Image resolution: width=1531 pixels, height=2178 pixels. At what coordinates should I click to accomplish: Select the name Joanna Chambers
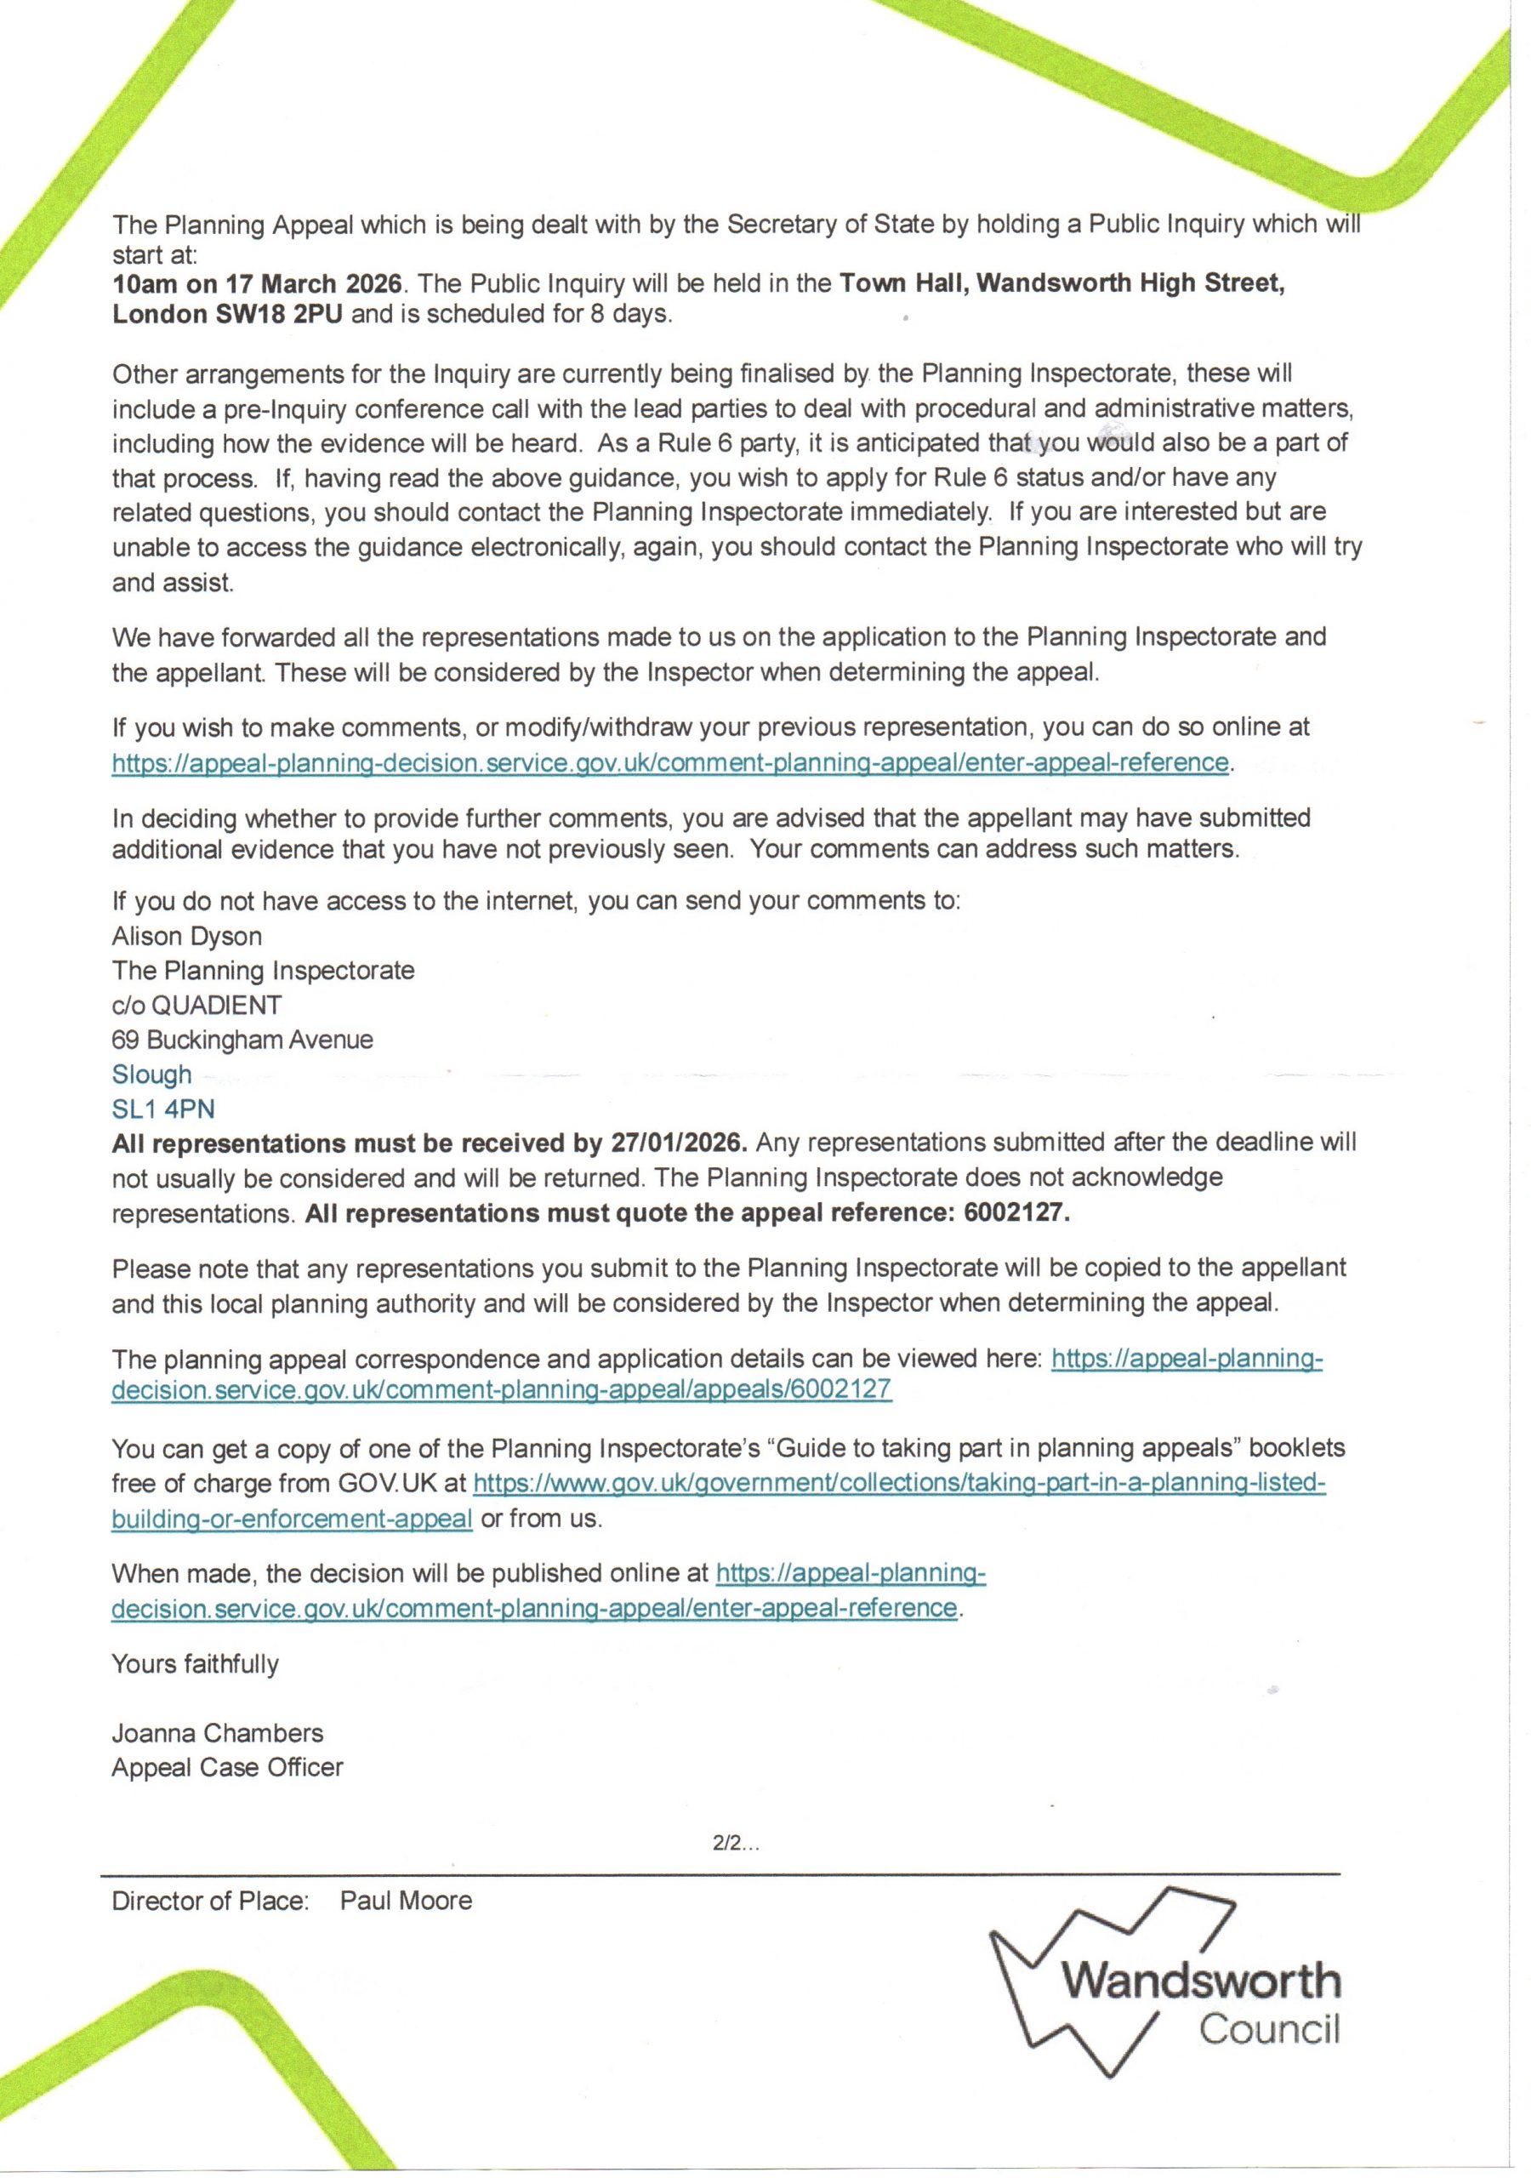[x=217, y=1732]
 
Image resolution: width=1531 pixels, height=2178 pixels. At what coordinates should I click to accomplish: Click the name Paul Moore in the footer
[x=406, y=1900]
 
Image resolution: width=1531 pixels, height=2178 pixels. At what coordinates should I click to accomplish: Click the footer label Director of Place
[x=211, y=1900]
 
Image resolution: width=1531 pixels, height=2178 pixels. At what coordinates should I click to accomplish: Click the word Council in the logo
[x=1269, y=2029]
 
